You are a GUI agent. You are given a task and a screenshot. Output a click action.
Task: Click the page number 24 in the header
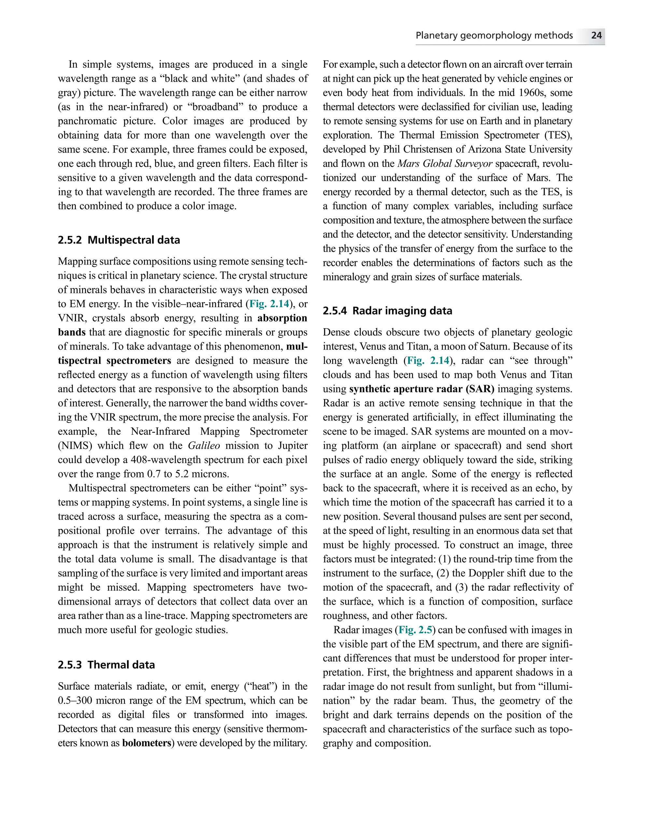click(x=596, y=35)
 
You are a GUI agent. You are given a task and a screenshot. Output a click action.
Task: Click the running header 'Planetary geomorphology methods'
click(x=494, y=35)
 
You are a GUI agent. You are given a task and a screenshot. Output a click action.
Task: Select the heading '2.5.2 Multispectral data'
click(x=119, y=240)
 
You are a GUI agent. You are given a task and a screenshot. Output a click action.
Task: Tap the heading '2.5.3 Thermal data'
click(x=106, y=665)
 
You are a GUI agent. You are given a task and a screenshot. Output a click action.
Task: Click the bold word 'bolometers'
click(x=147, y=743)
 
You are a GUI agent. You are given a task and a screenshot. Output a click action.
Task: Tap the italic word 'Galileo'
click(x=204, y=446)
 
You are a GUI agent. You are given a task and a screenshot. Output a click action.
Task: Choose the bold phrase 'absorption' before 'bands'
click(x=282, y=318)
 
